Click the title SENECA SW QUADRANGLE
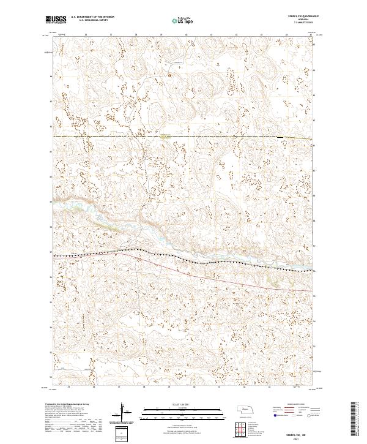[x=294, y=17]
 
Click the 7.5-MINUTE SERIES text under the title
[x=295, y=23]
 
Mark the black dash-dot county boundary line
[x=122, y=137]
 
